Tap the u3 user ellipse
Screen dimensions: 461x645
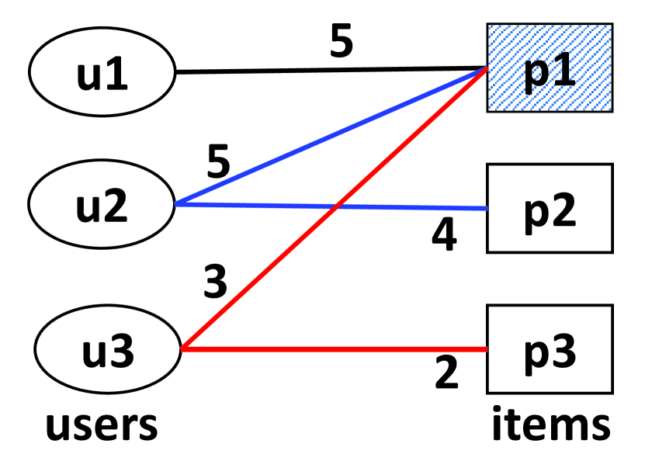point(107,349)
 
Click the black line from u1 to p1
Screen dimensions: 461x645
point(326,71)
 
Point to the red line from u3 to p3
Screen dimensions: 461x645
point(334,349)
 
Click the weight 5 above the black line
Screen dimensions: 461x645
point(341,43)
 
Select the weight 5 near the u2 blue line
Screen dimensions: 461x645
point(219,161)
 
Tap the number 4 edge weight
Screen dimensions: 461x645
point(445,236)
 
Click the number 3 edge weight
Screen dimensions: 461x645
point(216,282)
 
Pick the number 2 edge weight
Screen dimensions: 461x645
point(446,373)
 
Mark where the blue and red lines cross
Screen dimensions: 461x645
point(335,206)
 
